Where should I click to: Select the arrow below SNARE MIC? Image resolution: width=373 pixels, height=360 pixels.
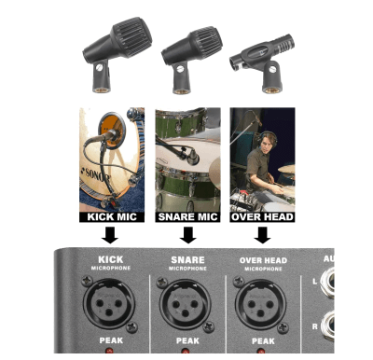click(x=188, y=233)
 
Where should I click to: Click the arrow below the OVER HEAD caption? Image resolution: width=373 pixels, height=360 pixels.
click(x=261, y=233)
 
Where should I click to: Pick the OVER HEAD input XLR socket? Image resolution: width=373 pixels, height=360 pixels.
click(x=261, y=299)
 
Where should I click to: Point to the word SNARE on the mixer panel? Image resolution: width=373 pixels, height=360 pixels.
click(x=188, y=259)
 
